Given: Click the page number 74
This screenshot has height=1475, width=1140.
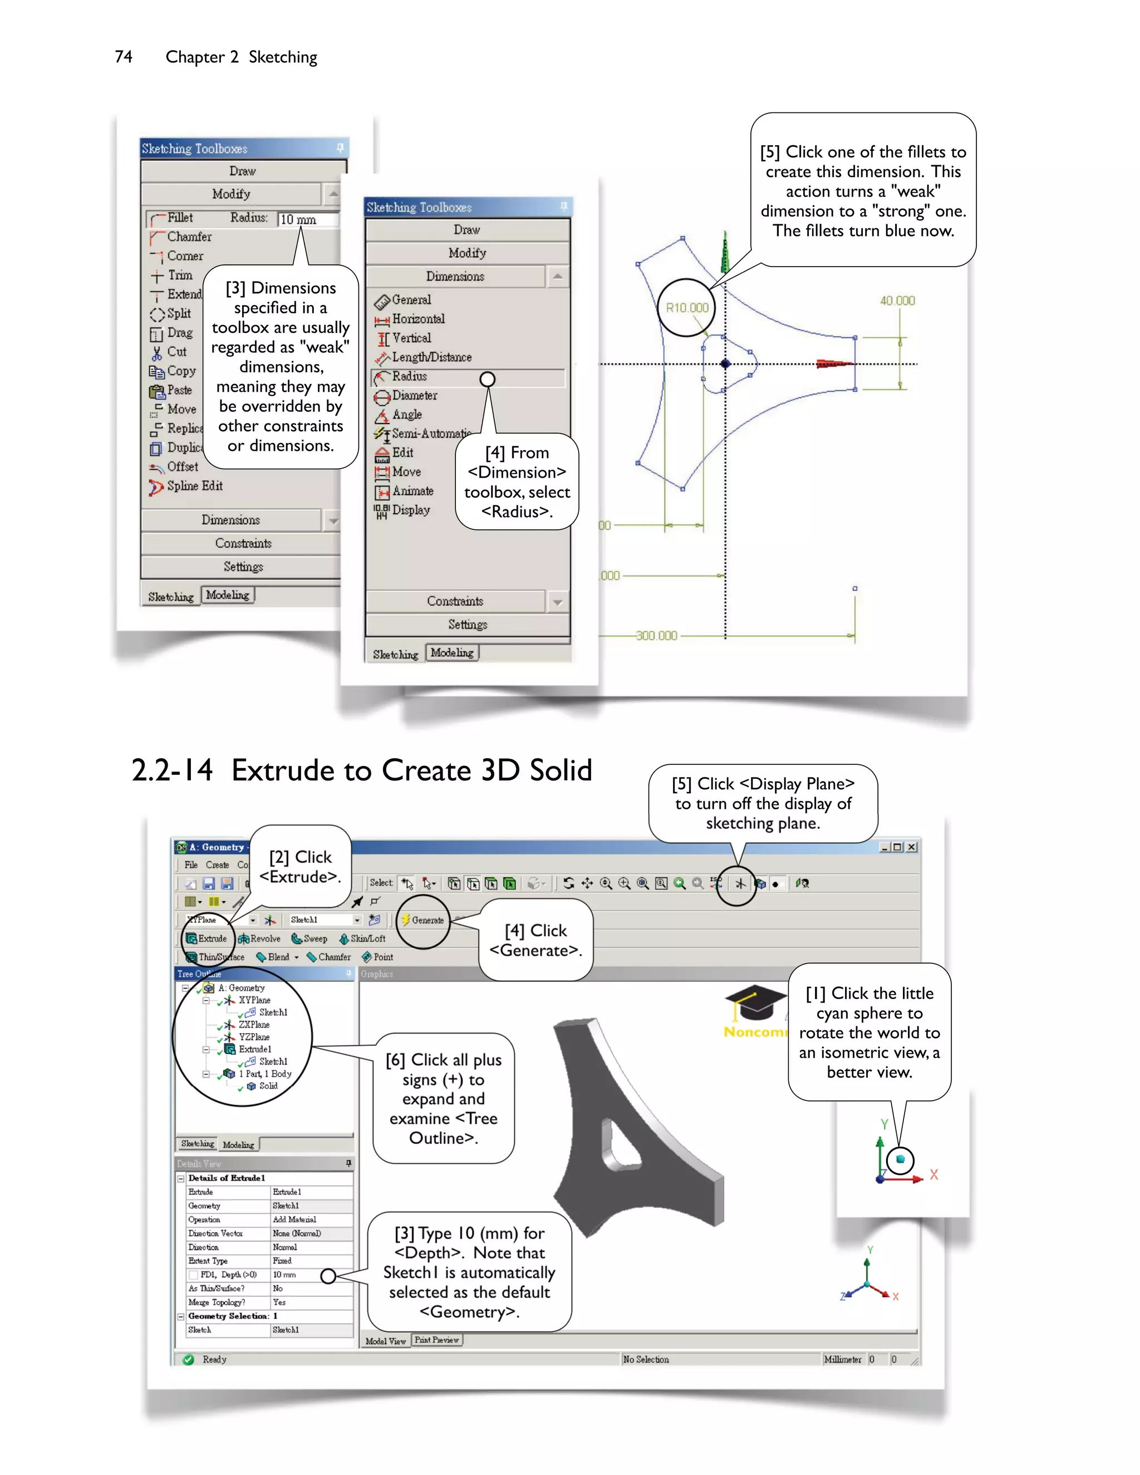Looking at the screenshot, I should (124, 57).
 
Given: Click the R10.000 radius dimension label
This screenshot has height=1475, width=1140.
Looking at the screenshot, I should (687, 308).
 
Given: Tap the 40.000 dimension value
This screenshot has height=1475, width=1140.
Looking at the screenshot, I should (897, 301).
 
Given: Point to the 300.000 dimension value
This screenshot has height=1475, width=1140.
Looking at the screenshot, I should (656, 636).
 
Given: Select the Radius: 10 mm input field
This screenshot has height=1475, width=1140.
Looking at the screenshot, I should (307, 219).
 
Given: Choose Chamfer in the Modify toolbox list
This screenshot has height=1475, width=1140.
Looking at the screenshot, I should (189, 237).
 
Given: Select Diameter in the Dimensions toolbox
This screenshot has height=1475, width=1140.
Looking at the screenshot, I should (414, 396).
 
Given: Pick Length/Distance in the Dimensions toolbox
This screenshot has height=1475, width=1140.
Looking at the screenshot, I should (431, 357).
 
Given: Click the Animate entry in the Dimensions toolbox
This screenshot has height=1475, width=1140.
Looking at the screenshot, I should (412, 491).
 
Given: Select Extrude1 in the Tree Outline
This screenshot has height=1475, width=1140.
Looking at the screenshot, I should (254, 1049).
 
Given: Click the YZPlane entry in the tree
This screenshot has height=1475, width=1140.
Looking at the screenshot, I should (253, 1037).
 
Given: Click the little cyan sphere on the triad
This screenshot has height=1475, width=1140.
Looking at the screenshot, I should (900, 1159).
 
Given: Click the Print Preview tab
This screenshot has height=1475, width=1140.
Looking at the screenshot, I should (437, 1340).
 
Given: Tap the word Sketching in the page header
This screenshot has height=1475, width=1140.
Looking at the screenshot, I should (283, 57).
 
